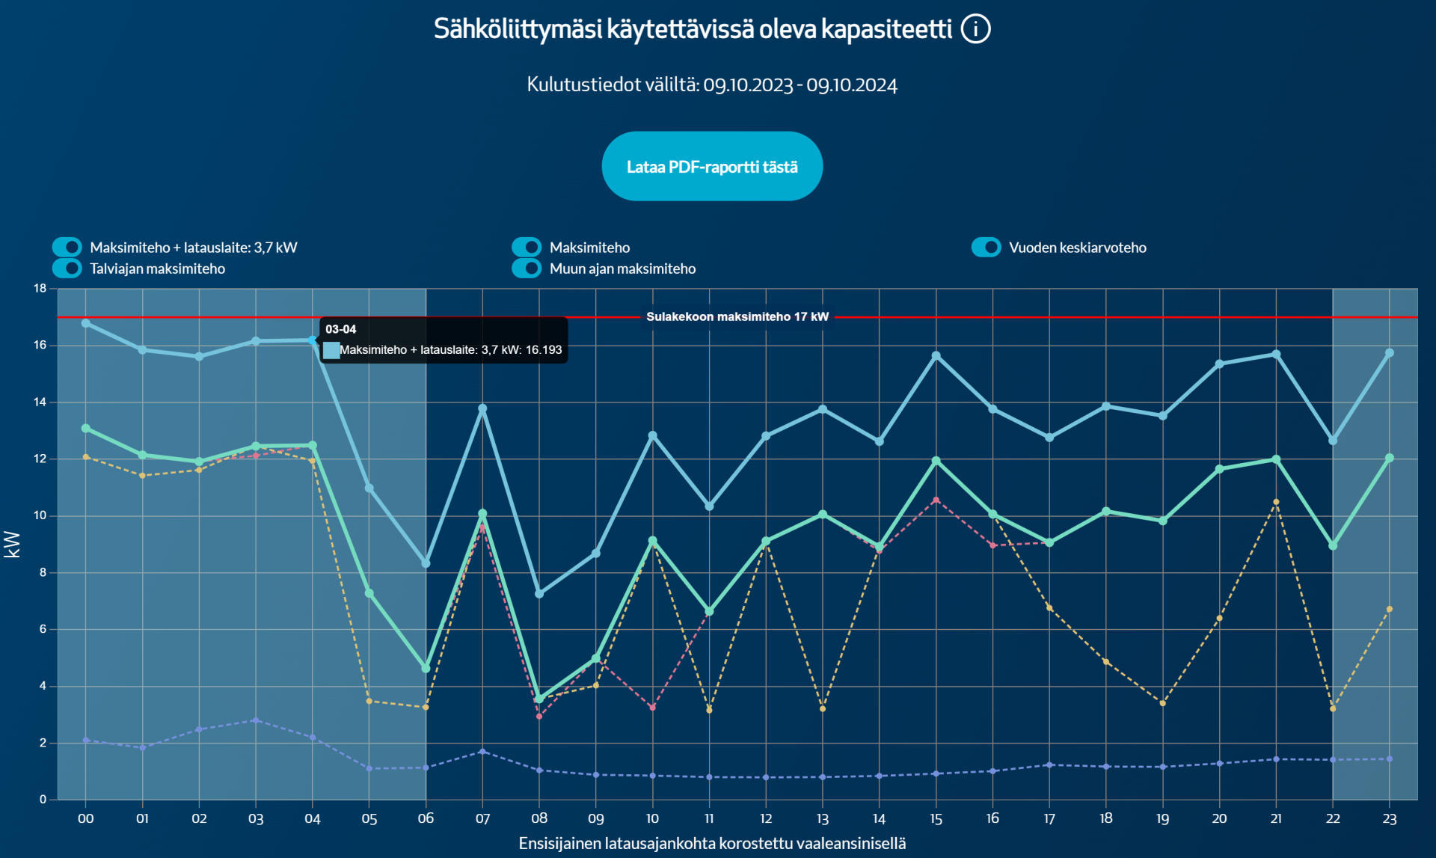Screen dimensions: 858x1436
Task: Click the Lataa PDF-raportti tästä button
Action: click(712, 166)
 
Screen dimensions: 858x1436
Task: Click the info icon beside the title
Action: click(975, 29)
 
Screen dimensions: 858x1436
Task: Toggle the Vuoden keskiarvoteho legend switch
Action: click(986, 248)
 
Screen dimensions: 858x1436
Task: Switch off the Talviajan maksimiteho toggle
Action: click(67, 269)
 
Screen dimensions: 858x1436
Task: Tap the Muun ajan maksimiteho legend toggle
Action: click(527, 269)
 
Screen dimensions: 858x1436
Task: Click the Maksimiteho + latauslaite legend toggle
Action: click(67, 248)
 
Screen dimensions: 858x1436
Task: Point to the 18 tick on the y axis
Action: click(40, 289)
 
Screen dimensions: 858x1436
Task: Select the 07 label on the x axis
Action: click(482, 819)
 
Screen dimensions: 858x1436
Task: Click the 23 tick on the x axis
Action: click(1389, 819)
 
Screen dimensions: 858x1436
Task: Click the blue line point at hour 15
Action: click(936, 356)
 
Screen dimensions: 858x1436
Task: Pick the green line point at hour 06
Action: click(426, 668)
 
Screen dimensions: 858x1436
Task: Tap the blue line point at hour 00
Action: click(86, 323)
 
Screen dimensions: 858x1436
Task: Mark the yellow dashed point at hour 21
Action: click(1276, 502)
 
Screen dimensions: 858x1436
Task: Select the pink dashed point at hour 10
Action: click(652, 708)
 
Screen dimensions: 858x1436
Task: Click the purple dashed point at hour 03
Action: click(256, 720)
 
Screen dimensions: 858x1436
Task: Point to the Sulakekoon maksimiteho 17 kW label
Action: click(737, 317)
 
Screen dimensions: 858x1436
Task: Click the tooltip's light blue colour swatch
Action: click(331, 350)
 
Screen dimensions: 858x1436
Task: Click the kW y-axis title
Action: click(12, 545)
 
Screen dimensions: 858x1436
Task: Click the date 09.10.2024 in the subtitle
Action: click(851, 85)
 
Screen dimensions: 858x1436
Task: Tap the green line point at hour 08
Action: click(539, 699)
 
